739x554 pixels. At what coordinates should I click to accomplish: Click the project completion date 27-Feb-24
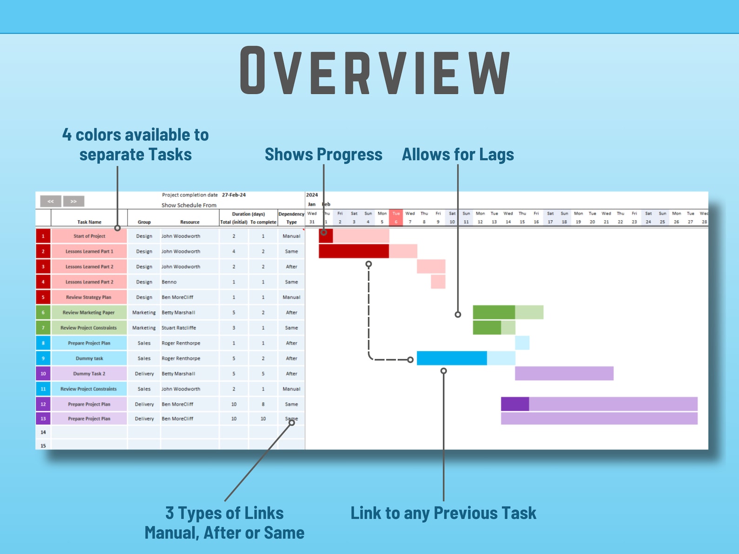[234, 195]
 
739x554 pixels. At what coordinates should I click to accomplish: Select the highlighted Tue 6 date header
[396, 218]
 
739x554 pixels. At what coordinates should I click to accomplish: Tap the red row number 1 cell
[43, 236]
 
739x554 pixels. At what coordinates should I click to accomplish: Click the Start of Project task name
[89, 236]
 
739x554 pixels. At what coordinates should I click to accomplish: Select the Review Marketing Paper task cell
[89, 313]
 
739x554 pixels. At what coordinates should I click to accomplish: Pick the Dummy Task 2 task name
[89, 374]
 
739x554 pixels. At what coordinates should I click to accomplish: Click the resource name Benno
[169, 282]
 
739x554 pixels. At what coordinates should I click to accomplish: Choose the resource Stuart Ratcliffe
[179, 328]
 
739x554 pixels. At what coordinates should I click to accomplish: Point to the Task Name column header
[89, 222]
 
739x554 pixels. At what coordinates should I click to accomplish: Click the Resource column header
[190, 222]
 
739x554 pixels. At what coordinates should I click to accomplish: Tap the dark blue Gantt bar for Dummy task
[452, 358]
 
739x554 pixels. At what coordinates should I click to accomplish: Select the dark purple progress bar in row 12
[515, 404]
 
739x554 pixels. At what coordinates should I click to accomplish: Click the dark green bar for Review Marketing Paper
[494, 312]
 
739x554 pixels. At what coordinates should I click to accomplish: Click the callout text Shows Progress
[323, 154]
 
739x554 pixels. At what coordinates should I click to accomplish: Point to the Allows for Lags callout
[458, 154]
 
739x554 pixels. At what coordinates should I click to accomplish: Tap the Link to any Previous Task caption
[443, 513]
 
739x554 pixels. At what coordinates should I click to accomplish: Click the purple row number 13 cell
[43, 419]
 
